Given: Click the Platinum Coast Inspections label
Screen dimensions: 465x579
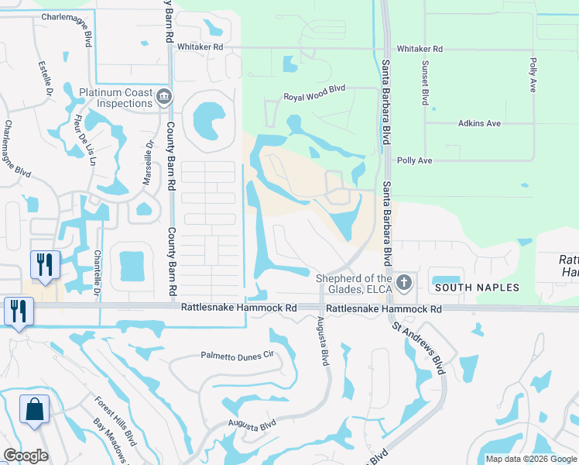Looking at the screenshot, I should tap(116, 98).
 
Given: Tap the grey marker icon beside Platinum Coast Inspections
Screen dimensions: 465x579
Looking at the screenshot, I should tap(163, 98).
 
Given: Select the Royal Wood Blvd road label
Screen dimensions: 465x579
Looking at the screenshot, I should tap(313, 98).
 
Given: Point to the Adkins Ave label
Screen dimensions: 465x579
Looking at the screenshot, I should tap(479, 123).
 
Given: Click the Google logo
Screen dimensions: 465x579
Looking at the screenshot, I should tap(26, 455).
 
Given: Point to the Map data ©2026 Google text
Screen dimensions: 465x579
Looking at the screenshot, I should tap(530, 459).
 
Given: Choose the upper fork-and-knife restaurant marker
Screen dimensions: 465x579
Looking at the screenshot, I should tap(44, 264).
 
